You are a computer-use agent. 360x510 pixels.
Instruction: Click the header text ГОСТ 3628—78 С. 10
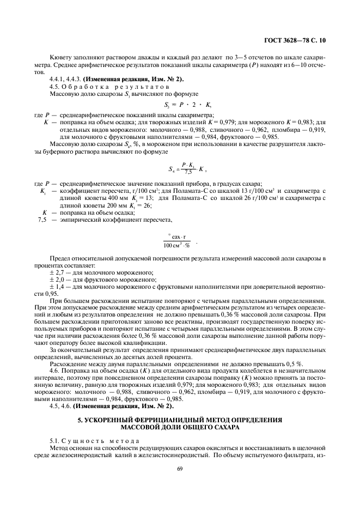pos(294,40)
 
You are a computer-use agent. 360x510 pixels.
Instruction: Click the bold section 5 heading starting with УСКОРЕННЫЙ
pos(180,423)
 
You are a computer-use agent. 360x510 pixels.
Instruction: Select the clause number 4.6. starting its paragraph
pos(56,371)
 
